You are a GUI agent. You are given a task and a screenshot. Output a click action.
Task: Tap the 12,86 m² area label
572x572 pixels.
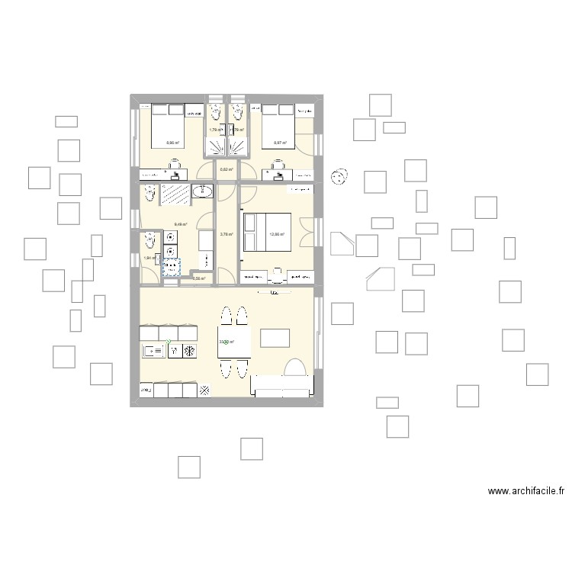click(277, 234)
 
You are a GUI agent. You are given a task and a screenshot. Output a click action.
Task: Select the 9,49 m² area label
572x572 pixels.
click(181, 223)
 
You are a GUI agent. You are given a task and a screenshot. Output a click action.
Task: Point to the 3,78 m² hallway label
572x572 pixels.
click(227, 234)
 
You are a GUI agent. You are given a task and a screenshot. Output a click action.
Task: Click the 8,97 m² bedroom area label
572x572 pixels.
click(279, 143)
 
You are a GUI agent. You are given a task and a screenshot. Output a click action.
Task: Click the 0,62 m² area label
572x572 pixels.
click(227, 169)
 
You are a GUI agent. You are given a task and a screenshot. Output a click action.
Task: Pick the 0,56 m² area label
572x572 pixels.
click(199, 278)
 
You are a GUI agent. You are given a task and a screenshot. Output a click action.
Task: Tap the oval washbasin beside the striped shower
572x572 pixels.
click(204, 192)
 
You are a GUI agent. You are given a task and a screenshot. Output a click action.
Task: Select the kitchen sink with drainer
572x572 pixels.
click(155, 350)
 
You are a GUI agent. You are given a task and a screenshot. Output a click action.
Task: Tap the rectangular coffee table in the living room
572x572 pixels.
click(275, 338)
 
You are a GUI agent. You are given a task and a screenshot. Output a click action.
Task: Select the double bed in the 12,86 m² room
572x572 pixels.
click(263, 232)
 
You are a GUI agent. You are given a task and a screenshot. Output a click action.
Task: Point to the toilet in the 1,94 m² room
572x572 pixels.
click(148, 242)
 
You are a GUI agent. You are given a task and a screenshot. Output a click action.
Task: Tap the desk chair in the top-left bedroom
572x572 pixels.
click(175, 162)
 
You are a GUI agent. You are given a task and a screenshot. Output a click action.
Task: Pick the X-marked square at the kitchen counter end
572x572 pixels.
click(204, 390)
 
